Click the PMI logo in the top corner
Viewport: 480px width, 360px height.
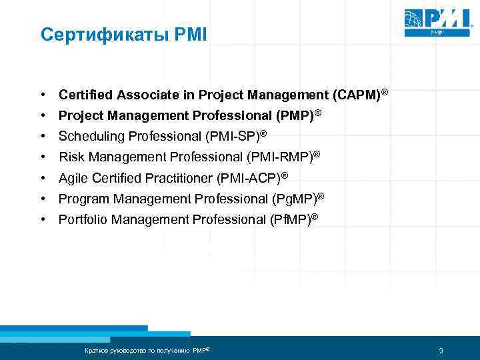(x=435, y=21)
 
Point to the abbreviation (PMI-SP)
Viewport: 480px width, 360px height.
(x=233, y=137)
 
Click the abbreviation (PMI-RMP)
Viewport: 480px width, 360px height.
(x=279, y=157)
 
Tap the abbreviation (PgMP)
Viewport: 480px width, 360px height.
(x=293, y=199)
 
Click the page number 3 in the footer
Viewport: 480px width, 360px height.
(x=441, y=351)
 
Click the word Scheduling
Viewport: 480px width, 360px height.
(x=88, y=137)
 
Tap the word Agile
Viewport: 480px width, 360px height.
(x=73, y=178)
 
